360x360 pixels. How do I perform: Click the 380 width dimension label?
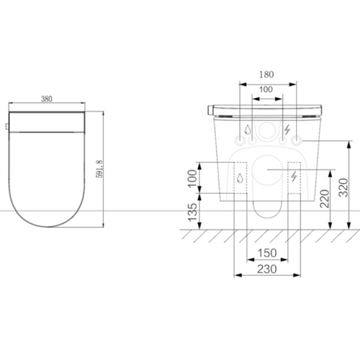click(47, 99)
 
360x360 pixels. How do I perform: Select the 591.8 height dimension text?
click(99, 169)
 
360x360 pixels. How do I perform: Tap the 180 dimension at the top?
click(266, 75)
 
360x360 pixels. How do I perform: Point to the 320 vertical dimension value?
click(343, 188)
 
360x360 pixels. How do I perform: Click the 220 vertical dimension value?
click(325, 199)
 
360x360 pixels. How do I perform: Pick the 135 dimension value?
click(193, 212)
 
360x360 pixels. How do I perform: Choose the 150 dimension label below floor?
click(267, 253)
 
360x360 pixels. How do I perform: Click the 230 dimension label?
click(267, 269)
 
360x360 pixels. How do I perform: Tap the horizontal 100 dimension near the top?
click(266, 89)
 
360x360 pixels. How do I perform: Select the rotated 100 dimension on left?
click(192, 179)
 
